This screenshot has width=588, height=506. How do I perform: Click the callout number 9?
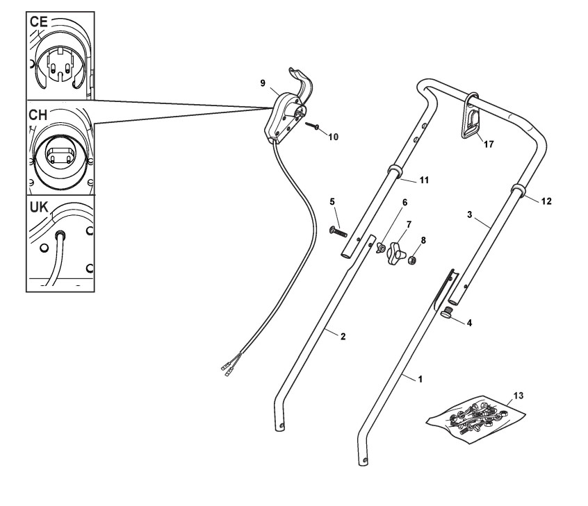click(x=263, y=83)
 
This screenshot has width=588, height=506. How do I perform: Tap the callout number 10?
click(x=334, y=137)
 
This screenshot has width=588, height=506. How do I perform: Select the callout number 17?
click(x=489, y=144)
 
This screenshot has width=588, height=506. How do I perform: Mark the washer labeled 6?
click(x=382, y=248)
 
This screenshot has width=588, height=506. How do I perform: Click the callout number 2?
click(x=343, y=336)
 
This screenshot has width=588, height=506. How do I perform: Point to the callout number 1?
click(x=419, y=379)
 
